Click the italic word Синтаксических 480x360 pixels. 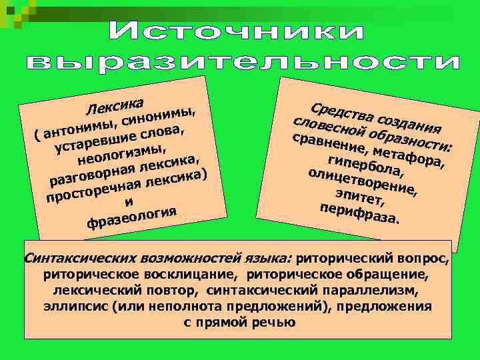[74, 257]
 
